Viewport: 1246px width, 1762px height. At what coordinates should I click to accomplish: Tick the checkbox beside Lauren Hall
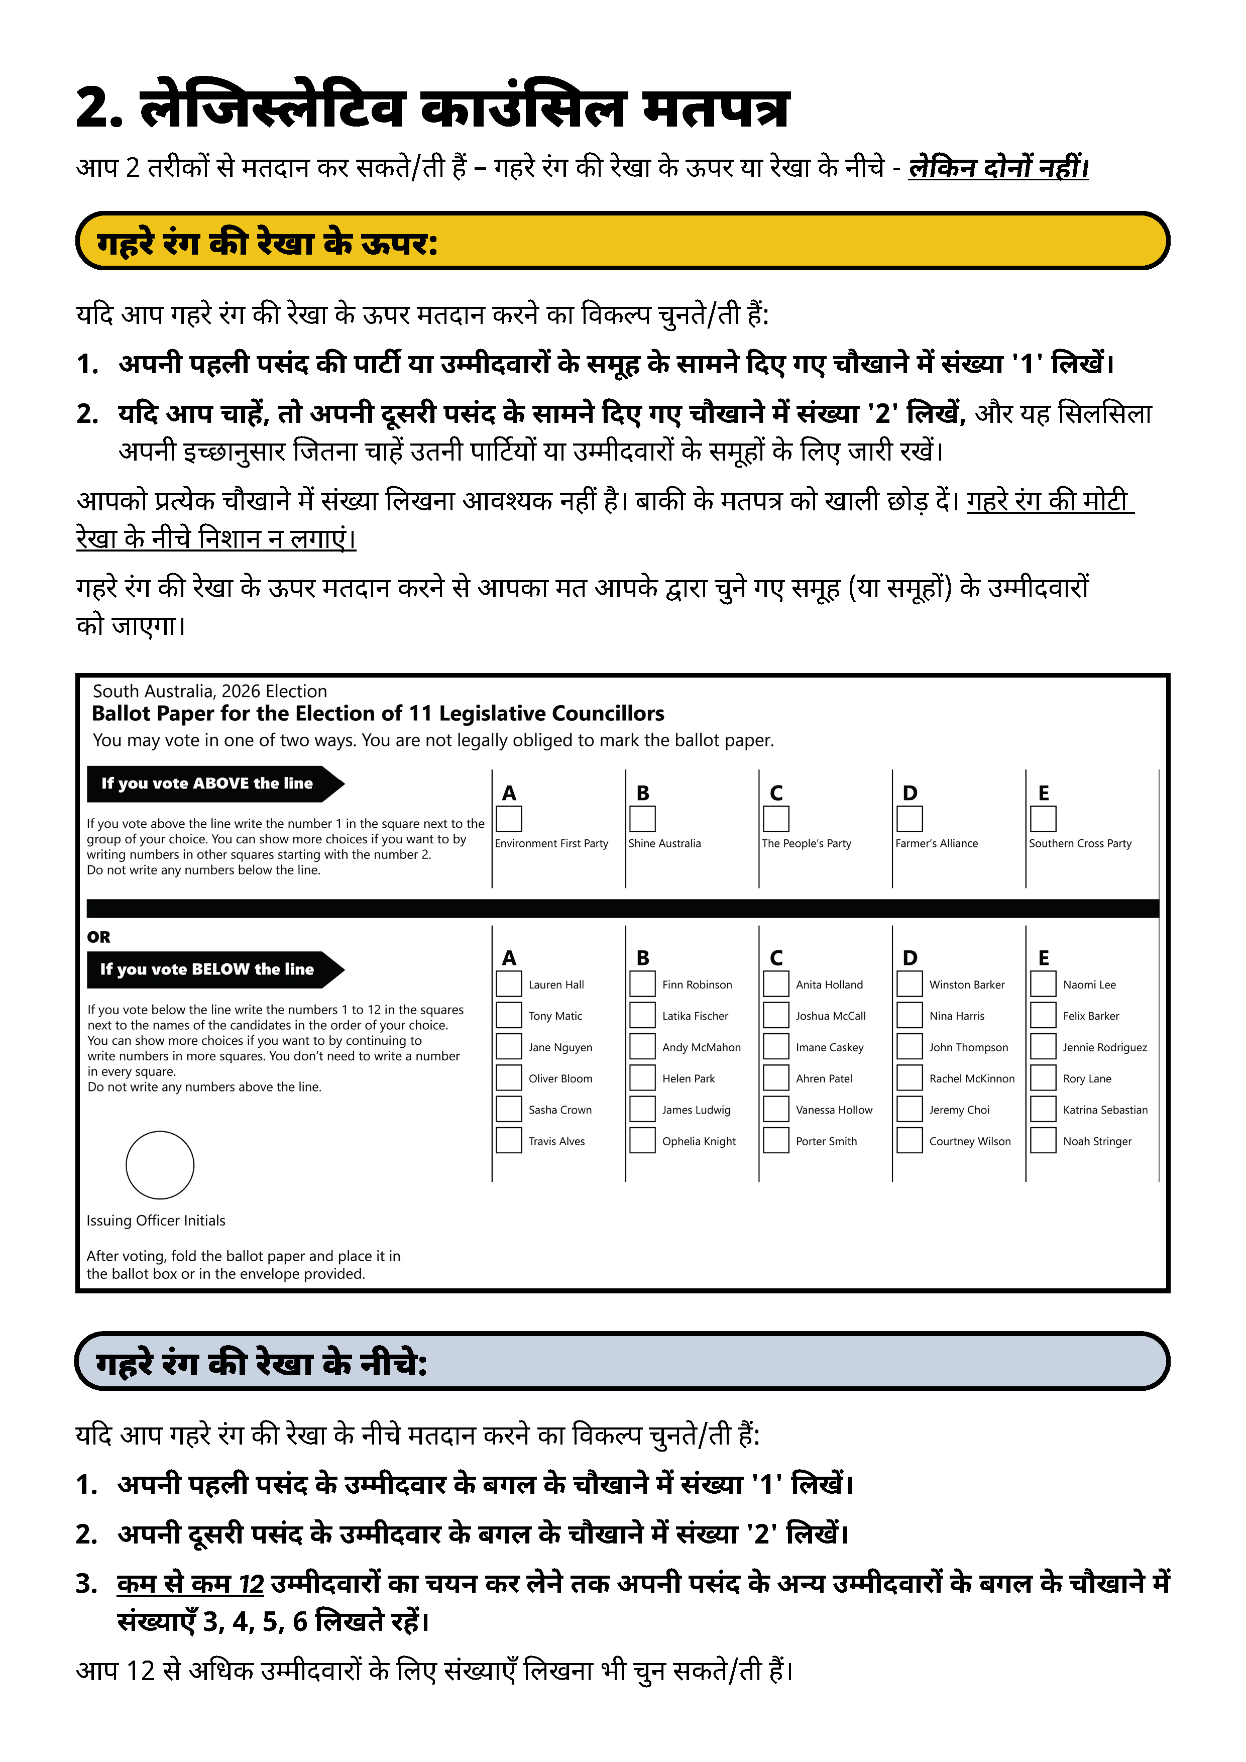(x=509, y=984)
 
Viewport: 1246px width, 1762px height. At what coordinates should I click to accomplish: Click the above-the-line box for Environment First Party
(x=509, y=819)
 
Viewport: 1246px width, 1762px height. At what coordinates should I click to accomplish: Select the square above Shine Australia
(x=642, y=819)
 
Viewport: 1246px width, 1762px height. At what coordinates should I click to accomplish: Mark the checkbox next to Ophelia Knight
(x=642, y=1140)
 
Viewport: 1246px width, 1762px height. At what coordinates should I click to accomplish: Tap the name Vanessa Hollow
(x=834, y=1110)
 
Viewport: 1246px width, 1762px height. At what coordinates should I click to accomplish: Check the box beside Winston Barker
(x=909, y=984)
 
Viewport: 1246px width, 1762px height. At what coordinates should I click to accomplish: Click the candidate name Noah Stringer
(x=1097, y=1141)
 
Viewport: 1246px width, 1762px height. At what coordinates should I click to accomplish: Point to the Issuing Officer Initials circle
(x=160, y=1165)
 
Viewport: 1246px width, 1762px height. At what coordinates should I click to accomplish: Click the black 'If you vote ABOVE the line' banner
(x=207, y=784)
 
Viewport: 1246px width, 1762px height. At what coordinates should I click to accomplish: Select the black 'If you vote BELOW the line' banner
(x=207, y=969)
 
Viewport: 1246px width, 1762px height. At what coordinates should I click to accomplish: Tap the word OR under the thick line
(x=98, y=937)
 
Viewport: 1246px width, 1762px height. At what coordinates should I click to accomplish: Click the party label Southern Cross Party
(x=1079, y=843)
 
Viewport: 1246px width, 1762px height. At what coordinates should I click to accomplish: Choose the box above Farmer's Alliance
(x=909, y=819)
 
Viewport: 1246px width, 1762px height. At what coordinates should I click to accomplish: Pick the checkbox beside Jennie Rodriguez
(x=1043, y=1047)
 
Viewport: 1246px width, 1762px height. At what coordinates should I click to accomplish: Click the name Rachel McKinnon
(x=971, y=1078)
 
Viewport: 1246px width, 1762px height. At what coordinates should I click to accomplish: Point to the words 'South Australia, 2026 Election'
(x=209, y=692)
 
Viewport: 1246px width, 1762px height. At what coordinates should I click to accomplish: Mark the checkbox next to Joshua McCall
(x=776, y=1015)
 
